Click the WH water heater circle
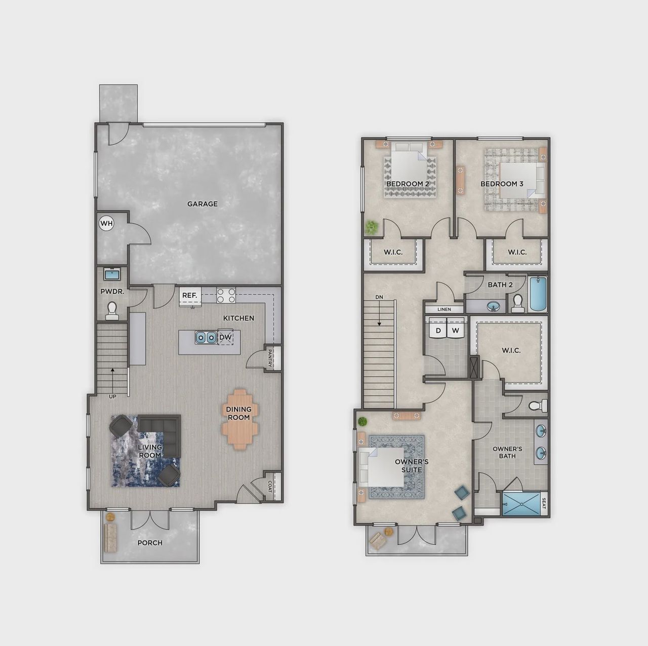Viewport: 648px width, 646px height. pos(106,223)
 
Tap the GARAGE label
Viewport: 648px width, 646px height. pos(202,204)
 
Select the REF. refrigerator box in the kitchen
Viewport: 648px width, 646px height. pos(190,296)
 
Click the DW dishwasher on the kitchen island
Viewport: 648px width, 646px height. pos(225,337)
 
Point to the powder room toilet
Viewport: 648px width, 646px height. pos(112,310)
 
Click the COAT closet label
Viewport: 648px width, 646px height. pos(270,487)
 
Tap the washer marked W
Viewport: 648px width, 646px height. pos(456,331)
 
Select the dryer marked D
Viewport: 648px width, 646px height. pos(438,331)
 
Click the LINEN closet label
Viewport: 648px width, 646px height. pos(444,309)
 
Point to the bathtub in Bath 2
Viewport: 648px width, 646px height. pos(538,295)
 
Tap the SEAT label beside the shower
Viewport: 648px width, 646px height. pos(544,504)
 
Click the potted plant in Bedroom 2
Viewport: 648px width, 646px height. pos(373,227)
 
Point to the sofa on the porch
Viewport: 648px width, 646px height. pos(110,538)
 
